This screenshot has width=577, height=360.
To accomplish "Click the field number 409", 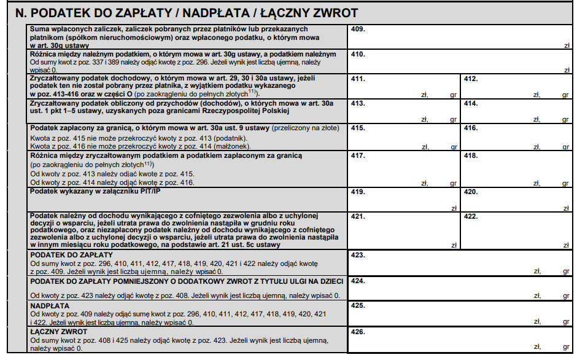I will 460,37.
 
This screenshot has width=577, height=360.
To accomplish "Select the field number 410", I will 460,62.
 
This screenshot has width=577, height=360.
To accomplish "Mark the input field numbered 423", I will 460,262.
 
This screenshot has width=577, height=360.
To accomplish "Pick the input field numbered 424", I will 460,289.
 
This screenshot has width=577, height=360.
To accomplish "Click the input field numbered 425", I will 460,313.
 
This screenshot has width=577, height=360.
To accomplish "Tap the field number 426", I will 460,340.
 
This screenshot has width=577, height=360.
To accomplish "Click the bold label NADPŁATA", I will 50,305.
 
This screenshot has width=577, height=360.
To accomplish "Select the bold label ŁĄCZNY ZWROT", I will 58,332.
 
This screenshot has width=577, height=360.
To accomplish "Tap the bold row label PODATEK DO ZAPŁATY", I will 71,254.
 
